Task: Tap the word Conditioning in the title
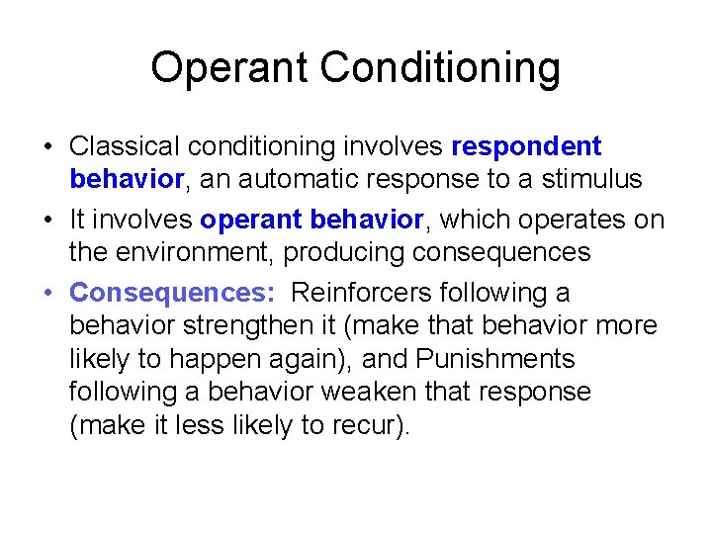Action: click(440, 67)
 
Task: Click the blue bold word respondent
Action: click(526, 146)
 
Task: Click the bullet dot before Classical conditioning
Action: click(47, 147)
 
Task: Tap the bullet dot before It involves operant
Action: click(47, 221)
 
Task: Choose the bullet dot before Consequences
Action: click(47, 294)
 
